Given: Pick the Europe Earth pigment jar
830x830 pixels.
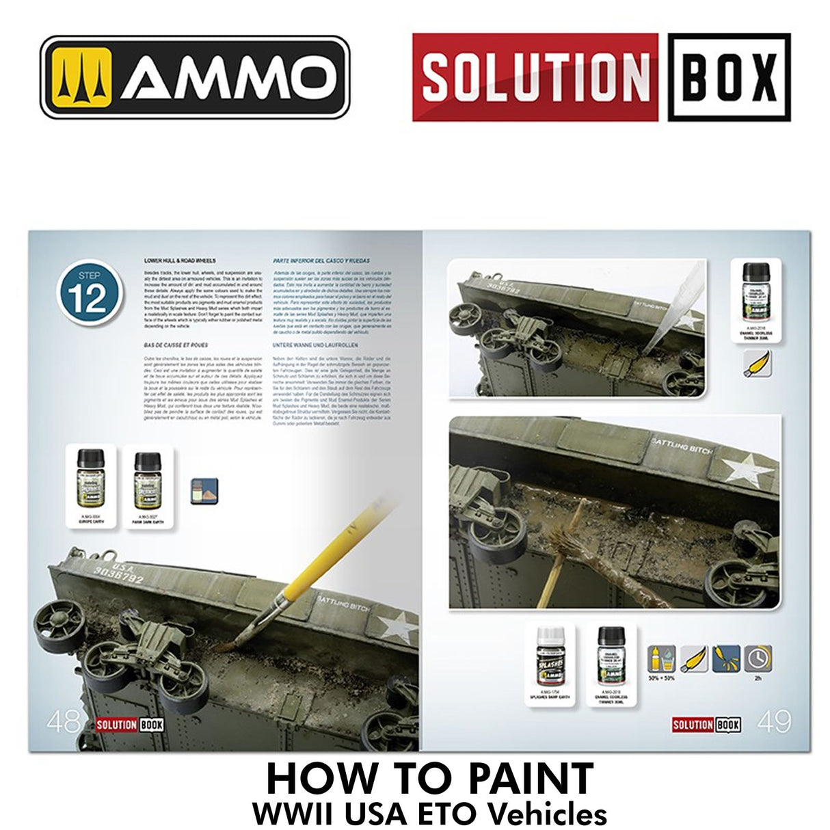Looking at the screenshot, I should [x=90, y=478].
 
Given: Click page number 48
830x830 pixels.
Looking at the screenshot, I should [x=64, y=721].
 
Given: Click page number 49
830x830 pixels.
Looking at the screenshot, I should [x=775, y=721].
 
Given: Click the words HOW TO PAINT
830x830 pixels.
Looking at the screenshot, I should [x=429, y=778].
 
